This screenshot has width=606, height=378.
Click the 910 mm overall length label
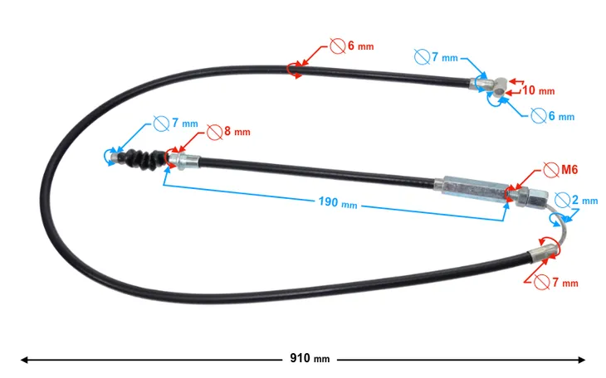pos(310,358)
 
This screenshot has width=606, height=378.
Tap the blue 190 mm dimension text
pos(337,202)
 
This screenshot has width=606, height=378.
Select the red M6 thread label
pos(569,169)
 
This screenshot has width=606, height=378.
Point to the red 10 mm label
pos(539,90)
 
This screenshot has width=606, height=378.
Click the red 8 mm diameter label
pos(237,131)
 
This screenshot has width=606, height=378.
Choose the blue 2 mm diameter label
pos(584,200)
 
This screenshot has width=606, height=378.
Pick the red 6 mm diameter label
pos(361,46)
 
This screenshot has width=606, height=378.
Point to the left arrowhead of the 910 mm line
pos(24,360)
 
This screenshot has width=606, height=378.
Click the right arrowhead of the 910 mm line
pos(581,360)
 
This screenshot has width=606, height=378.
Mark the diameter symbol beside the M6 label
pos(550,170)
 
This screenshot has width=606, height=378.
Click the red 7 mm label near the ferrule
pos(565,283)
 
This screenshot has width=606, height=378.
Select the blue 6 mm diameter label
pos(561,116)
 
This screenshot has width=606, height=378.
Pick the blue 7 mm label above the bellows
pos(185,123)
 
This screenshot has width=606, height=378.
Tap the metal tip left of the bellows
pos(115,157)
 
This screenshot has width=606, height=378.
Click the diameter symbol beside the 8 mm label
pos(214,132)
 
